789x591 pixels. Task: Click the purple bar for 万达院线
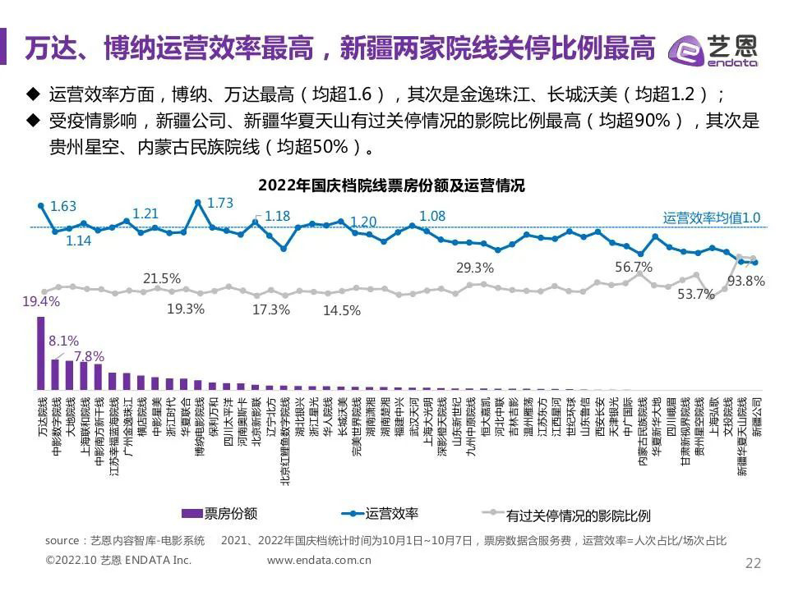click(41, 353)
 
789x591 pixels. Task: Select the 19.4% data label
click(41, 302)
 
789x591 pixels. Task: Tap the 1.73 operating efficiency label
click(220, 203)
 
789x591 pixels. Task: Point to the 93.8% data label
click(747, 281)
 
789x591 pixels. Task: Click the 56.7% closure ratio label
click(634, 267)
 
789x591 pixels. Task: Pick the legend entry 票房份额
click(218, 514)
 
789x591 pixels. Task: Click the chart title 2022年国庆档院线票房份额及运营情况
click(391, 186)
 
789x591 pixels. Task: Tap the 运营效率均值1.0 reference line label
click(712, 218)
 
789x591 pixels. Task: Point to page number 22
click(753, 562)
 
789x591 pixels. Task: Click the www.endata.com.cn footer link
click(320, 561)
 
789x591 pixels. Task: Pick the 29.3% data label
click(475, 268)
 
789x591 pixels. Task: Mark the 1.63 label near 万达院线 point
click(63, 206)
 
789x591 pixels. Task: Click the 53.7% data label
click(696, 295)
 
